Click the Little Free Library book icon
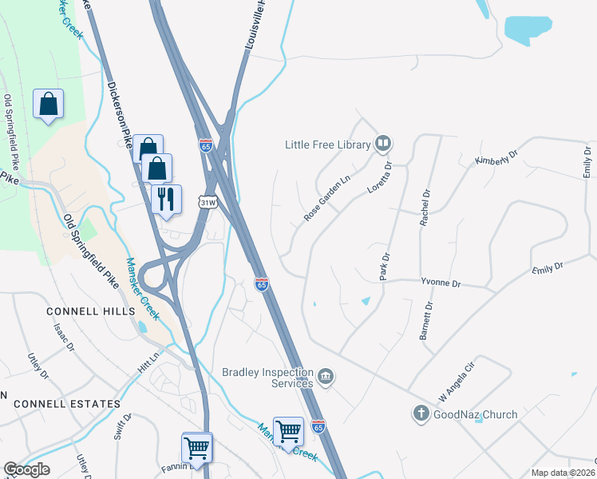(383, 144)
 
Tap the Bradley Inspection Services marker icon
(325, 376)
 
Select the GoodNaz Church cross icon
(421, 414)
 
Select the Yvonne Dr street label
(439, 283)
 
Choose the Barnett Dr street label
(428, 321)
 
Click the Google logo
(26, 469)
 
